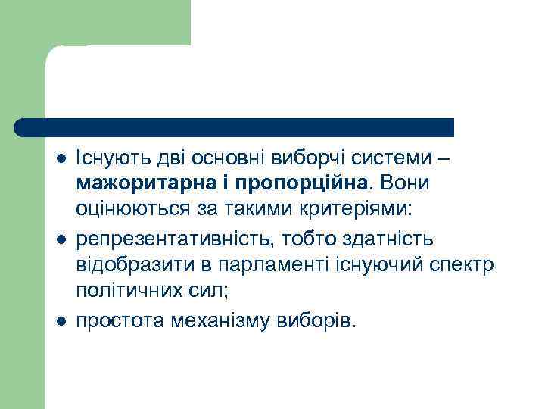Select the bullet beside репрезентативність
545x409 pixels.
pos(61,240)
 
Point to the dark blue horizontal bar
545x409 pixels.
pos(235,126)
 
